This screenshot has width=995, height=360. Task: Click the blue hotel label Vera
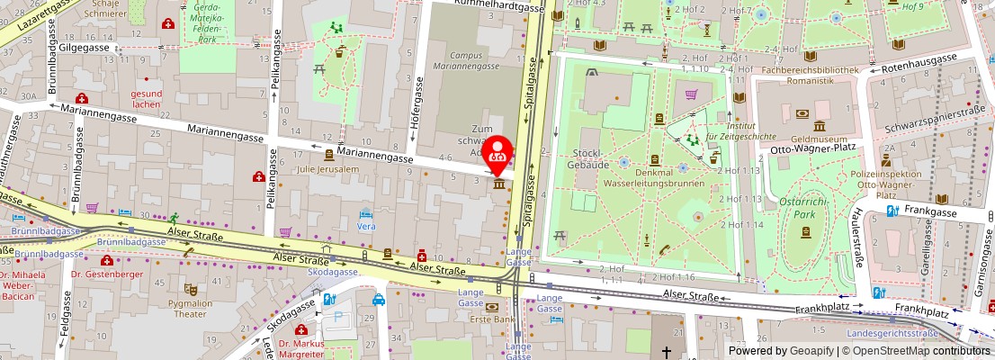pos(366,226)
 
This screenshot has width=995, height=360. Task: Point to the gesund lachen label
pos(146,99)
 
